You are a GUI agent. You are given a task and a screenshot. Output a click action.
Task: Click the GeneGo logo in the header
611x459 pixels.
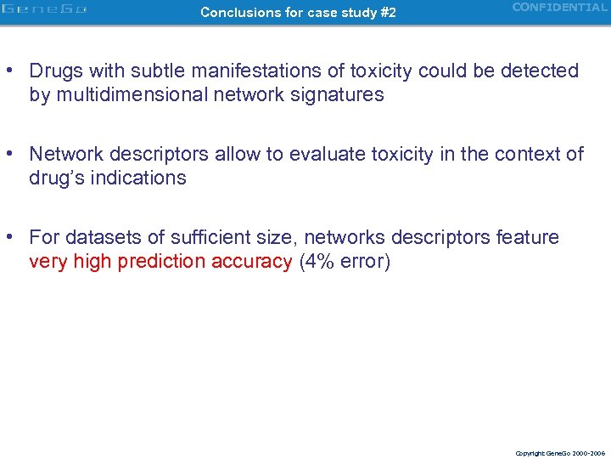coord(44,11)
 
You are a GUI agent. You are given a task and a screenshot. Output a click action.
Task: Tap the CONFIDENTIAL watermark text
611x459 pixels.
coord(560,8)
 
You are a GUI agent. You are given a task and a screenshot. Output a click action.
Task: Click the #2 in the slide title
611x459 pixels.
coord(386,13)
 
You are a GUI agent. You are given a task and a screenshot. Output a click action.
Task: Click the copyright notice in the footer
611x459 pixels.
coord(559,453)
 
